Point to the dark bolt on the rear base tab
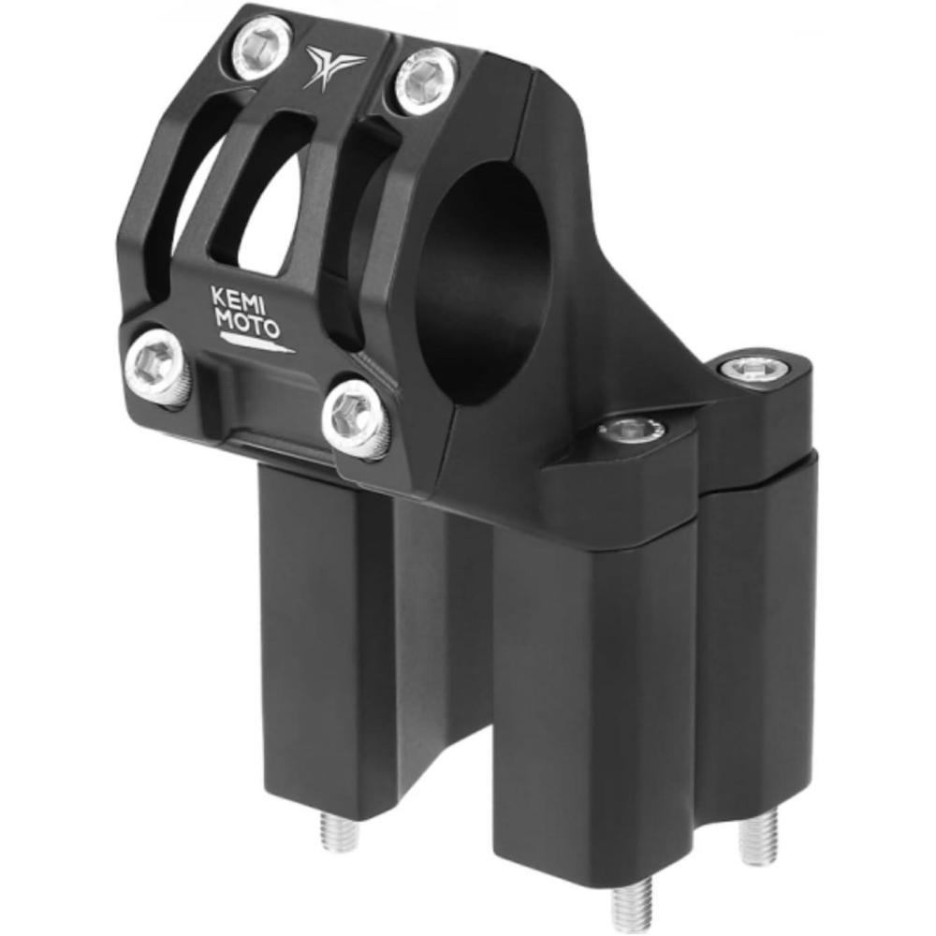tap(754, 370)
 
